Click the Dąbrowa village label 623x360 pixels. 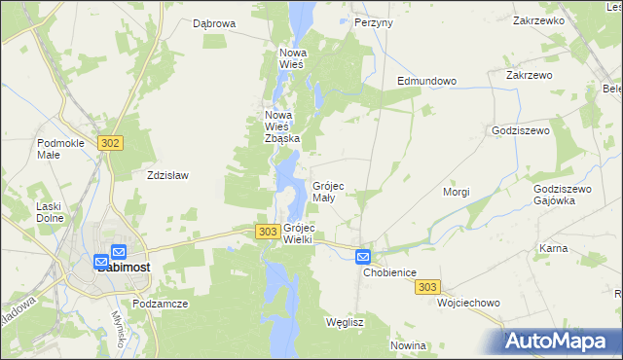[214, 23]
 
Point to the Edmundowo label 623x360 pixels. [426, 81]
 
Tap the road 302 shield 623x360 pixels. [110, 143]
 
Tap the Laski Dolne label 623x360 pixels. [50, 211]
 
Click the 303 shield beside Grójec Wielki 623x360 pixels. [268, 232]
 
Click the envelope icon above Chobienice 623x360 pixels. [363, 256]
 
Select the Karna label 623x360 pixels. [553, 249]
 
